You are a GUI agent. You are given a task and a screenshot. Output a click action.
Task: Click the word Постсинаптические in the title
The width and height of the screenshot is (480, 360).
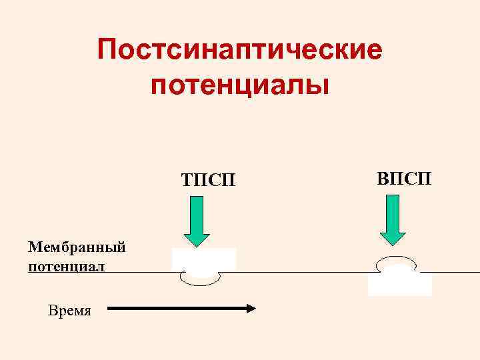pyautogui.click(x=240, y=51)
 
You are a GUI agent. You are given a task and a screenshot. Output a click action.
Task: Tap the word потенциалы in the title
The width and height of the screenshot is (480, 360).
pyautogui.click(x=240, y=86)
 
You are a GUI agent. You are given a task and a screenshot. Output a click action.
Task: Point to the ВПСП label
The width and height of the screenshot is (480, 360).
pyautogui.click(x=404, y=178)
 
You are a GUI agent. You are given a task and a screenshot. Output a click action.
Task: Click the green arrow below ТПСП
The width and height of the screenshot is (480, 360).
pyautogui.click(x=197, y=220)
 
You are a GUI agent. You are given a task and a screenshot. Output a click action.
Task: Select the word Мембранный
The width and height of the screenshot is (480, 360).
pyautogui.click(x=77, y=247)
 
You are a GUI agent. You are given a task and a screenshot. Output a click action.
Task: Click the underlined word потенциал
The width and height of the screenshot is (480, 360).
pyautogui.click(x=67, y=267)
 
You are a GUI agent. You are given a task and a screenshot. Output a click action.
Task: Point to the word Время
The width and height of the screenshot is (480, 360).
pyautogui.click(x=69, y=310)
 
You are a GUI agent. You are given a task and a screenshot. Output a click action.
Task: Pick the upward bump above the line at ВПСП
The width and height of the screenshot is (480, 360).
pyautogui.click(x=397, y=259)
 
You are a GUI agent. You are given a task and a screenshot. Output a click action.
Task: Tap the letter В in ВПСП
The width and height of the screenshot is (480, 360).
pyautogui.click(x=383, y=178)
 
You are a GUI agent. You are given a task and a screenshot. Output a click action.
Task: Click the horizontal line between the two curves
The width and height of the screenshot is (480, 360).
pyautogui.click(x=293, y=272)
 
